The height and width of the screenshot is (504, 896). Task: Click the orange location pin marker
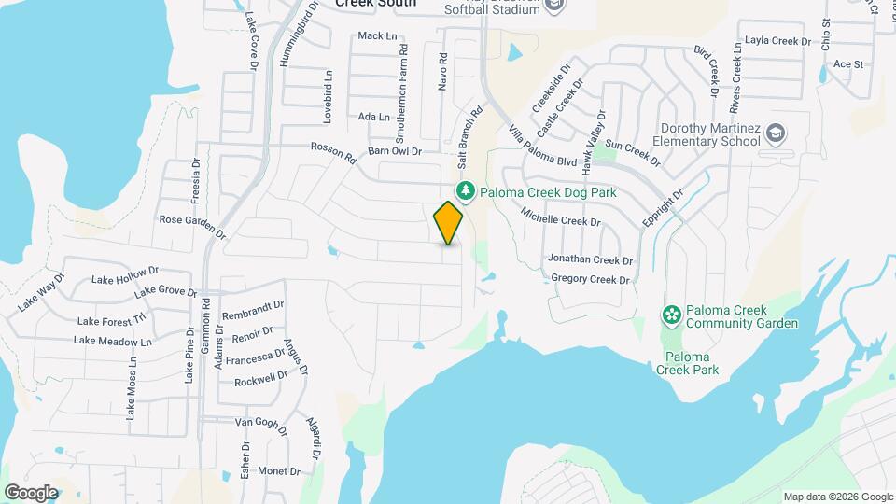click(x=449, y=222)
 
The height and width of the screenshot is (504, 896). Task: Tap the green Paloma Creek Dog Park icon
click(x=466, y=192)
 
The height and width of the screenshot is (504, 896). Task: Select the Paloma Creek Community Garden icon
click(x=670, y=315)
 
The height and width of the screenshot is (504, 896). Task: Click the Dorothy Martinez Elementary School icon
click(x=775, y=134)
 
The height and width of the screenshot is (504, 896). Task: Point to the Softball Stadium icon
click(x=554, y=6)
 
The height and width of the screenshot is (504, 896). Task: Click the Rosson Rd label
click(x=333, y=152)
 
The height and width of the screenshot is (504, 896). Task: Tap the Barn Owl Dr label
click(x=395, y=150)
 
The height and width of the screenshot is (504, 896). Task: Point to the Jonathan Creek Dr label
click(x=590, y=260)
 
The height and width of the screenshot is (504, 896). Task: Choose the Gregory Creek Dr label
click(x=591, y=279)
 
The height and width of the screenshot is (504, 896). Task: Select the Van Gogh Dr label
click(x=258, y=422)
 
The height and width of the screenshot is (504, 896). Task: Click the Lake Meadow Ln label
click(x=112, y=342)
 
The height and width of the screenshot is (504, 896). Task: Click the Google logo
click(x=31, y=492)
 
